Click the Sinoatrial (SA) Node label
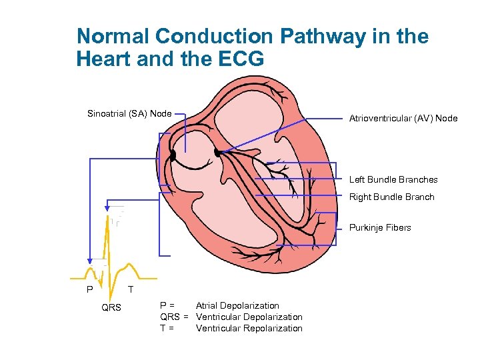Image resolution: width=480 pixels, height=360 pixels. [129, 113]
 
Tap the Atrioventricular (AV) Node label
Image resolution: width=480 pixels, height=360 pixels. [403, 119]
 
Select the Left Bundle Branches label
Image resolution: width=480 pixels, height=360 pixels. [393, 179]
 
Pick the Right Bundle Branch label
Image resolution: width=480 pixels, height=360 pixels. [391, 197]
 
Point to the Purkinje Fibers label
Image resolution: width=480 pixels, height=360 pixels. [380, 227]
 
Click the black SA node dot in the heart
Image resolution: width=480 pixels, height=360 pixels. [173, 155]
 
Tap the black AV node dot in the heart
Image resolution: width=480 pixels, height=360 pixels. [217, 153]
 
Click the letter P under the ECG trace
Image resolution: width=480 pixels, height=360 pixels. [89, 290]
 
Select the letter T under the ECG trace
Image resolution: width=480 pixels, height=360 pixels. [131, 290]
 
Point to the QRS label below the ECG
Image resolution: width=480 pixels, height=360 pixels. [111, 308]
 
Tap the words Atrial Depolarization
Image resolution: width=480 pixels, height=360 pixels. [237, 306]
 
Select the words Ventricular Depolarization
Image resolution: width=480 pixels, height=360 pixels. [249, 317]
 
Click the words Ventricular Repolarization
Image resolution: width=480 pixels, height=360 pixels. [249, 328]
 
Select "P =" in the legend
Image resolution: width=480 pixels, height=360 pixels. [168, 306]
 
